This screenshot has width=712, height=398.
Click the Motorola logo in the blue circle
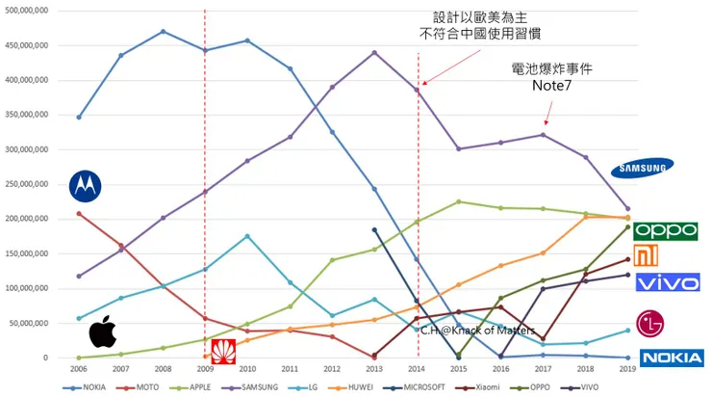pyautogui.click(x=86, y=186)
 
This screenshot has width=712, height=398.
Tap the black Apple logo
pyautogui.click(x=102, y=333)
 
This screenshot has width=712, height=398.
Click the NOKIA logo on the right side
pyautogui.click(x=672, y=358)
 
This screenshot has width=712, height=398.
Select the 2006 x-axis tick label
pyautogui.click(x=79, y=368)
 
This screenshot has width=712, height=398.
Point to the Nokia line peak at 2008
pyautogui.click(x=163, y=31)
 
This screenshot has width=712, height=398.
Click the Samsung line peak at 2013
pyautogui.click(x=374, y=52)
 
